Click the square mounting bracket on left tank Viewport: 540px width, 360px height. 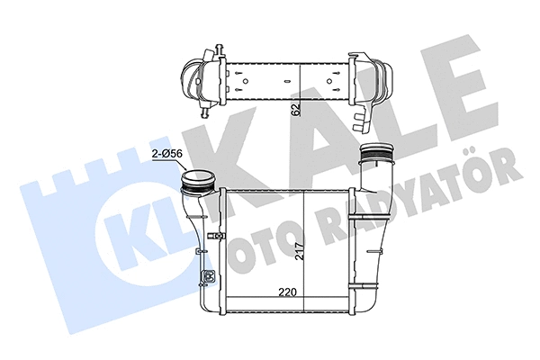pyautogui.click(x=210, y=275)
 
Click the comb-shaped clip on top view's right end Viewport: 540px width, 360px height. pyautogui.click(x=364, y=118)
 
